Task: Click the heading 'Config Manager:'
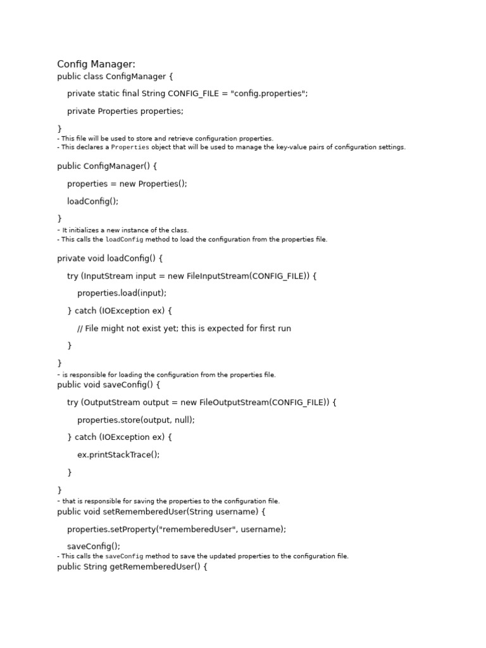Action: pyautogui.click(x=96, y=64)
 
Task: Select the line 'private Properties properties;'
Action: pyautogui.click(x=125, y=111)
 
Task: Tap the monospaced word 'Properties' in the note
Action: pyautogui.click(x=130, y=147)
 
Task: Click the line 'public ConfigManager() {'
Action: pyautogui.click(x=107, y=166)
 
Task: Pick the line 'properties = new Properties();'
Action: pyautogui.click(x=127, y=184)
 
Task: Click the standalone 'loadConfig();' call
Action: pyautogui.click(x=93, y=201)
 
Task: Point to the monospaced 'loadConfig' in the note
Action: pyautogui.click(x=124, y=240)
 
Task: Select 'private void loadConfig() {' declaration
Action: pyautogui.click(x=110, y=258)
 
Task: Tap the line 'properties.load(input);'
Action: pyautogui.click(x=122, y=293)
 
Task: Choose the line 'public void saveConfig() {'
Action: pyautogui.click(x=109, y=385)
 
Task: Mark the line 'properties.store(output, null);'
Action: pyautogui.click(x=136, y=420)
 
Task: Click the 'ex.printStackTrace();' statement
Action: pyautogui.click(x=118, y=454)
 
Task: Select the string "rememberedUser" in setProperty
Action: pyautogui.click(x=193, y=529)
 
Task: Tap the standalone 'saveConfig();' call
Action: pyautogui.click(x=94, y=546)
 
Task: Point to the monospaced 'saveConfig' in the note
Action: pyautogui.click(x=124, y=556)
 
